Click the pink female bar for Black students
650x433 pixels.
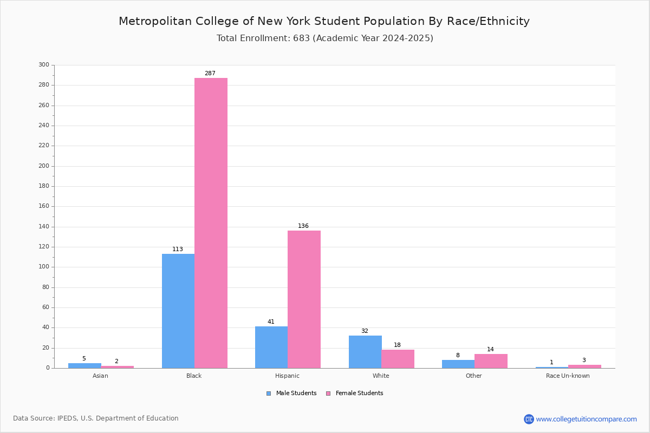tap(211, 223)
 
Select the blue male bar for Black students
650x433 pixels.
tap(178, 311)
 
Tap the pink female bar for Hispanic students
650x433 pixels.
tap(304, 299)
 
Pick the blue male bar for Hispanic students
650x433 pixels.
tap(271, 347)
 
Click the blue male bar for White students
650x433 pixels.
tap(365, 352)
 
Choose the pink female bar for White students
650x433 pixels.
tap(398, 359)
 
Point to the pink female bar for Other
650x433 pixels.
tap(491, 361)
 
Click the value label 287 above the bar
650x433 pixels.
tap(210, 74)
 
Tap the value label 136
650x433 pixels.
tap(303, 226)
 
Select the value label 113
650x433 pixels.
tap(178, 249)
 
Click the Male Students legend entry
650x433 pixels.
tap(291, 393)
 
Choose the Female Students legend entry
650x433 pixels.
tap(355, 393)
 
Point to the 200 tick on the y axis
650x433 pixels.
tap(44, 166)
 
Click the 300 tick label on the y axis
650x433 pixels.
tap(44, 64)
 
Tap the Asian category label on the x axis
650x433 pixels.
tap(100, 376)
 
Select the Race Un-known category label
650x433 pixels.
tap(568, 376)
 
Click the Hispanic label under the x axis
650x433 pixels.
tap(287, 376)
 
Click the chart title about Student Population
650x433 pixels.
tap(324, 21)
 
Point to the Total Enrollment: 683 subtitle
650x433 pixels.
tap(325, 38)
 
